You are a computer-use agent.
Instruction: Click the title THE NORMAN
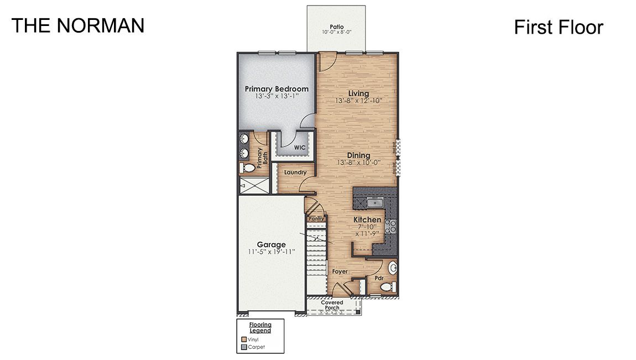(78, 25)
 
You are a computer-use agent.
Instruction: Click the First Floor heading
(558, 27)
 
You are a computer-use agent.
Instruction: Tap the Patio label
(337, 26)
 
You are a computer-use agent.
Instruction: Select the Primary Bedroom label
(277, 88)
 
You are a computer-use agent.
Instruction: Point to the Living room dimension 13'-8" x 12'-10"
(358, 101)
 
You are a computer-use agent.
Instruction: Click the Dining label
(358, 155)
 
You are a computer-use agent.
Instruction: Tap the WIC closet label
(300, 148)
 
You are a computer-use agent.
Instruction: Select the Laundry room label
(295, 173)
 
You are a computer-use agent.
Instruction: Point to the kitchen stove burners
(391, 225)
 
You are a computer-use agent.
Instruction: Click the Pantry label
(316, 219)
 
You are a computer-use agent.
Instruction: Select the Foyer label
(340, 272)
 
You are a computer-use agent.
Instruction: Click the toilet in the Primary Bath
(247, 168)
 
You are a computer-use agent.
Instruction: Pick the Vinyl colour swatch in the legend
(244, 340)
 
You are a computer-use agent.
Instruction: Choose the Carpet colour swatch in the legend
(244, 347)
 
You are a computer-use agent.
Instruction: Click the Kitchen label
(367, 220)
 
